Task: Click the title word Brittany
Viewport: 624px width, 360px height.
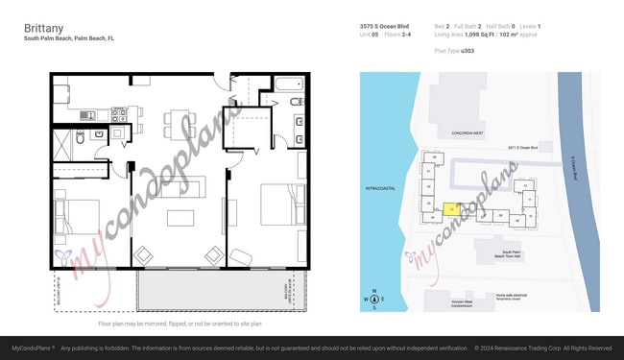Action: click(43, 29)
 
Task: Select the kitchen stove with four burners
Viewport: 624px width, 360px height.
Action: click(120, 113)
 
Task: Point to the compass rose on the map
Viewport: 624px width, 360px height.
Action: click(374, 300)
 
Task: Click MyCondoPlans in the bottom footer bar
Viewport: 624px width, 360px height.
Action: click(31, 348)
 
